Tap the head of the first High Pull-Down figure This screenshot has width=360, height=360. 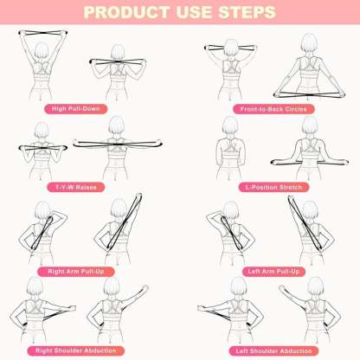[41, 48]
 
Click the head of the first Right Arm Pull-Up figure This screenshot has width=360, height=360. [37, 211]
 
